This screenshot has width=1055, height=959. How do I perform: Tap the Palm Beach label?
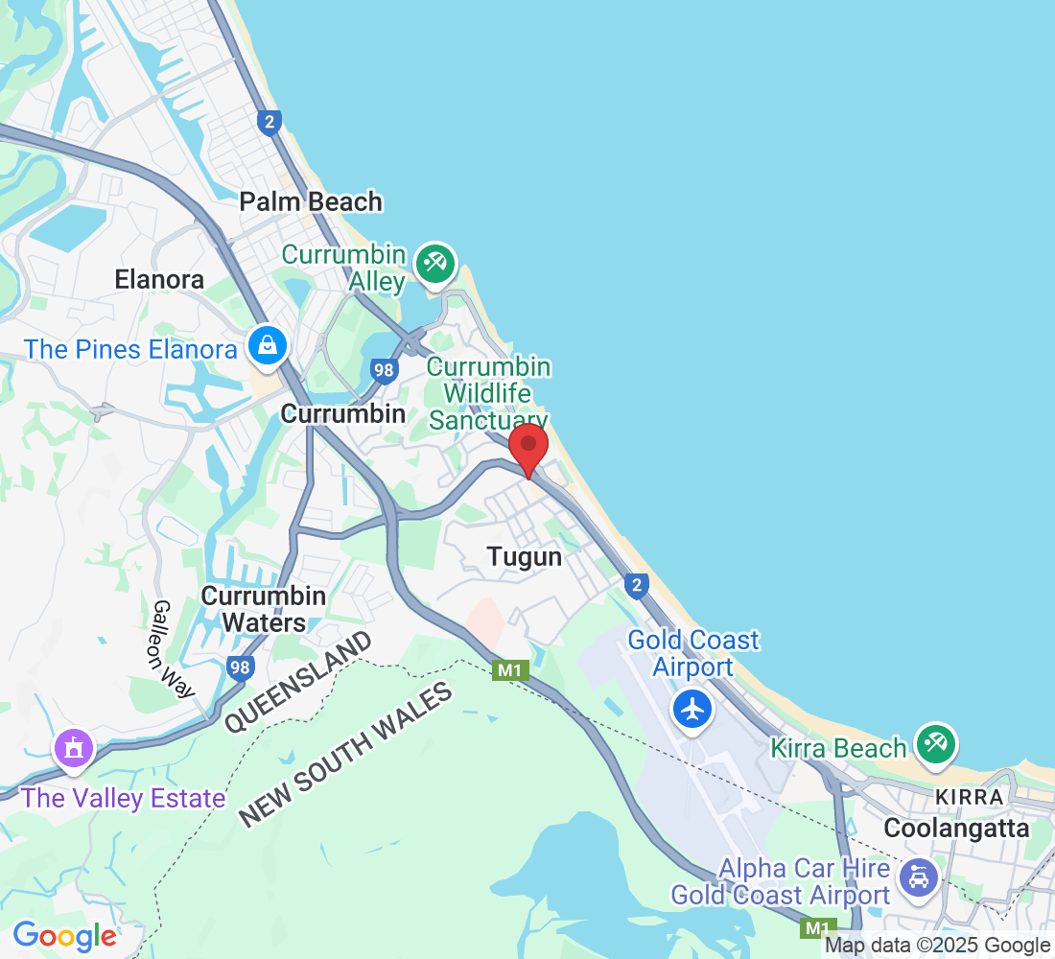click(x=311, y=201)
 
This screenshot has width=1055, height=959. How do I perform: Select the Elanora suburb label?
click(x=159, y=279)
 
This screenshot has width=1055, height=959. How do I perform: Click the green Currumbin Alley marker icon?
click(x=435, y=263)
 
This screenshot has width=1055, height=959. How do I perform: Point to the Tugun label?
click(x=524, y=556)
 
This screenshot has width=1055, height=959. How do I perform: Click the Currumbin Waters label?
click(x=263, y=609)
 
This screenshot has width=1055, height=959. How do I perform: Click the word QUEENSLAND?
click(x=298, y=683)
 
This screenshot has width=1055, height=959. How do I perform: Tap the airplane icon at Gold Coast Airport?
click(x=692, y=710)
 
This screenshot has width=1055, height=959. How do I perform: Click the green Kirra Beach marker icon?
click(x=936, y=744)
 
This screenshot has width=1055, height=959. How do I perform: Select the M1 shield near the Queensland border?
click(x=510, y=670)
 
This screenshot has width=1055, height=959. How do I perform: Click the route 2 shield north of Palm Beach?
click(x=270, y=122)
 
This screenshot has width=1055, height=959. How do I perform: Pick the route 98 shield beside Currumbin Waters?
click(x=242, y=667)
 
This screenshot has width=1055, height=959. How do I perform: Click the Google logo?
click(x=64, y=935)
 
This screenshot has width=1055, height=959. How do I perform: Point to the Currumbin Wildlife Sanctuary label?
click(x=489, y=393)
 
